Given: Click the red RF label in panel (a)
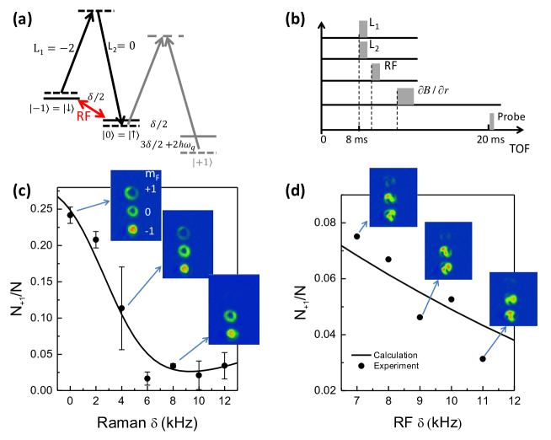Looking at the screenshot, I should click(x=84, y=116).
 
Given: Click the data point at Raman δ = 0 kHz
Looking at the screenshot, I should click(x=70, y=215).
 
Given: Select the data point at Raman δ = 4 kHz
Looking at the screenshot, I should click(x=121, y=309).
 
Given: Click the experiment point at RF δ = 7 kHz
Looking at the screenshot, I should click(x=356, y=236).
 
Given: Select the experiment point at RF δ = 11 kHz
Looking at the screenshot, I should click(x=482, y=359).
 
